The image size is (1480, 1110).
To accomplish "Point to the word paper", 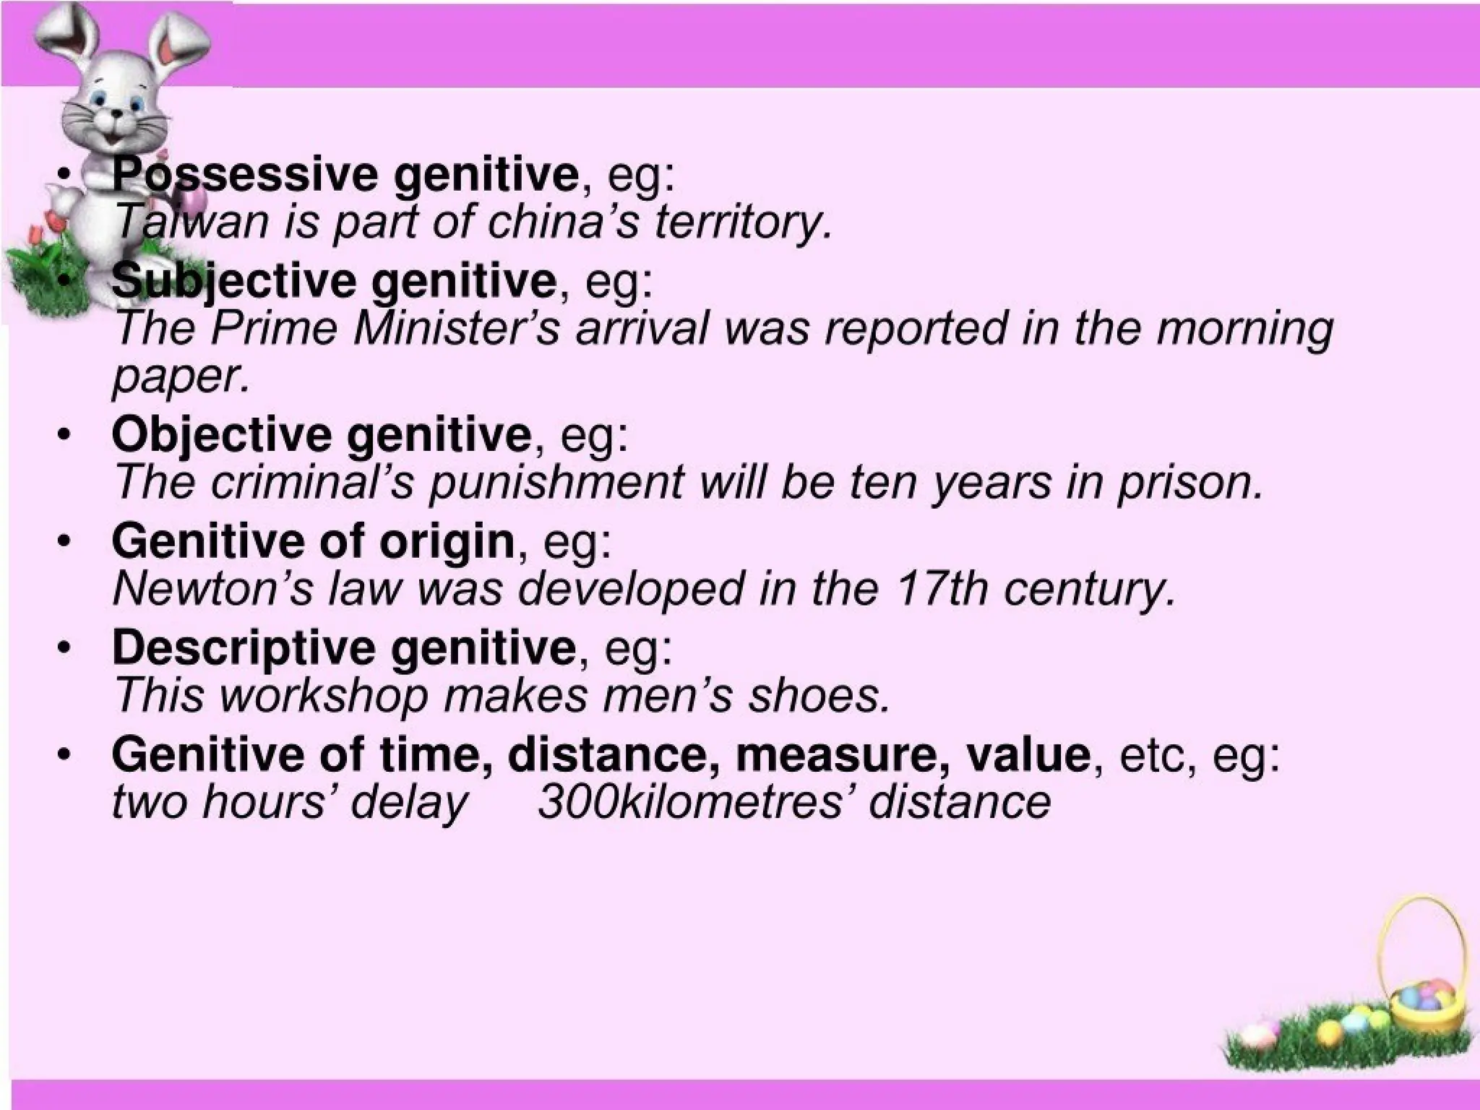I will (181, 376).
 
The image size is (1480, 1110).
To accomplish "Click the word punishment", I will (556, 482).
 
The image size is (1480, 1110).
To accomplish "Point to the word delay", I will (408, 802).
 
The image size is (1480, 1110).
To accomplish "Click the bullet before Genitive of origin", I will (65, 541).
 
